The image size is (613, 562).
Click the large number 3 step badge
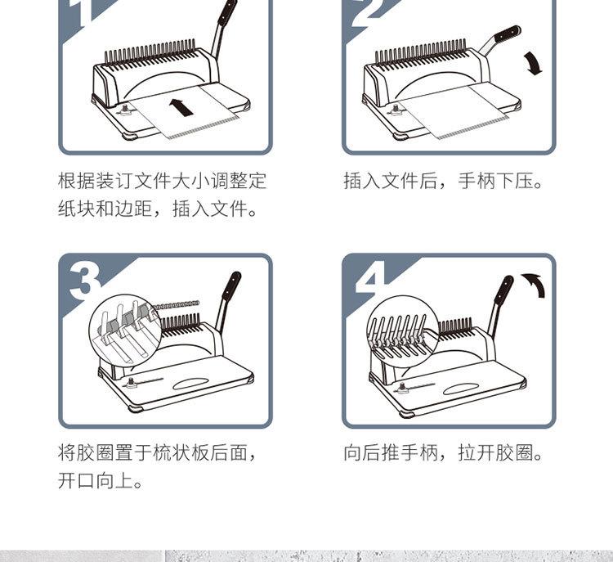coord(85,281)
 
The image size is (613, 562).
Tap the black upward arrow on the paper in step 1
coord(181,107)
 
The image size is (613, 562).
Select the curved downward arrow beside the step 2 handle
coord(533,63)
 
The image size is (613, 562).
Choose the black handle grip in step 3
coord(231,285)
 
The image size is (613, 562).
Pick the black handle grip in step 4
coord(503,290)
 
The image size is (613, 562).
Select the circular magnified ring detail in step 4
coord(403,331)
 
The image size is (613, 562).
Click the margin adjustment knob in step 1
coord(126,109)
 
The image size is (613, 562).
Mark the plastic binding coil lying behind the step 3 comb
coord(177,304)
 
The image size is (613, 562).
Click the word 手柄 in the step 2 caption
coord(478,182)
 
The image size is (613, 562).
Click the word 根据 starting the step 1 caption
coord(77,182)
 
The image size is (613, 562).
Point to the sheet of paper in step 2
coord(454,110)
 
